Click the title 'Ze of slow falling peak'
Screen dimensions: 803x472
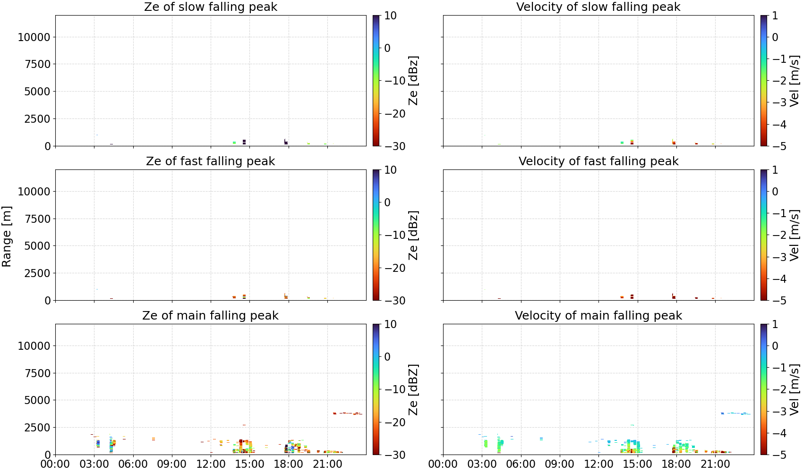pyautogui.click(x=210, y=7)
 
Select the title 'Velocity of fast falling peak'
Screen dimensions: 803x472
pyautogui.click(x=598, y=161)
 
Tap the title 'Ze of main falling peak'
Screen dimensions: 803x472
pyautogui.click(x=210, y=315)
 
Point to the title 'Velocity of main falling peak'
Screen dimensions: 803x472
pyautogui.click(x=598, y=315)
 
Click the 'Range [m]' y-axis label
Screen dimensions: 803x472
pyautogui.click(x=7, y=236)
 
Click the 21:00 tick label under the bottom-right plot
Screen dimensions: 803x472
pyautogui.click(x=715, y=464)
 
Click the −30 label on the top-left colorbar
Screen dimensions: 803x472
pyautogui.click(x=395, y=146)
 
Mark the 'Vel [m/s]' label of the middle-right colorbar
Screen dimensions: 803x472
pyautogui.click(x=794, y=235)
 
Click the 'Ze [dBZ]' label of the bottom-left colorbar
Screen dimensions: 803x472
pyautogui.click(x=413, y=389)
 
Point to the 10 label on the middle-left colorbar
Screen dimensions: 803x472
pyautogui.click(x=390, y=170)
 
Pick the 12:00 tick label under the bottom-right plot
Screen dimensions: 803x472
pyautogui.click(x=598, y=464)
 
